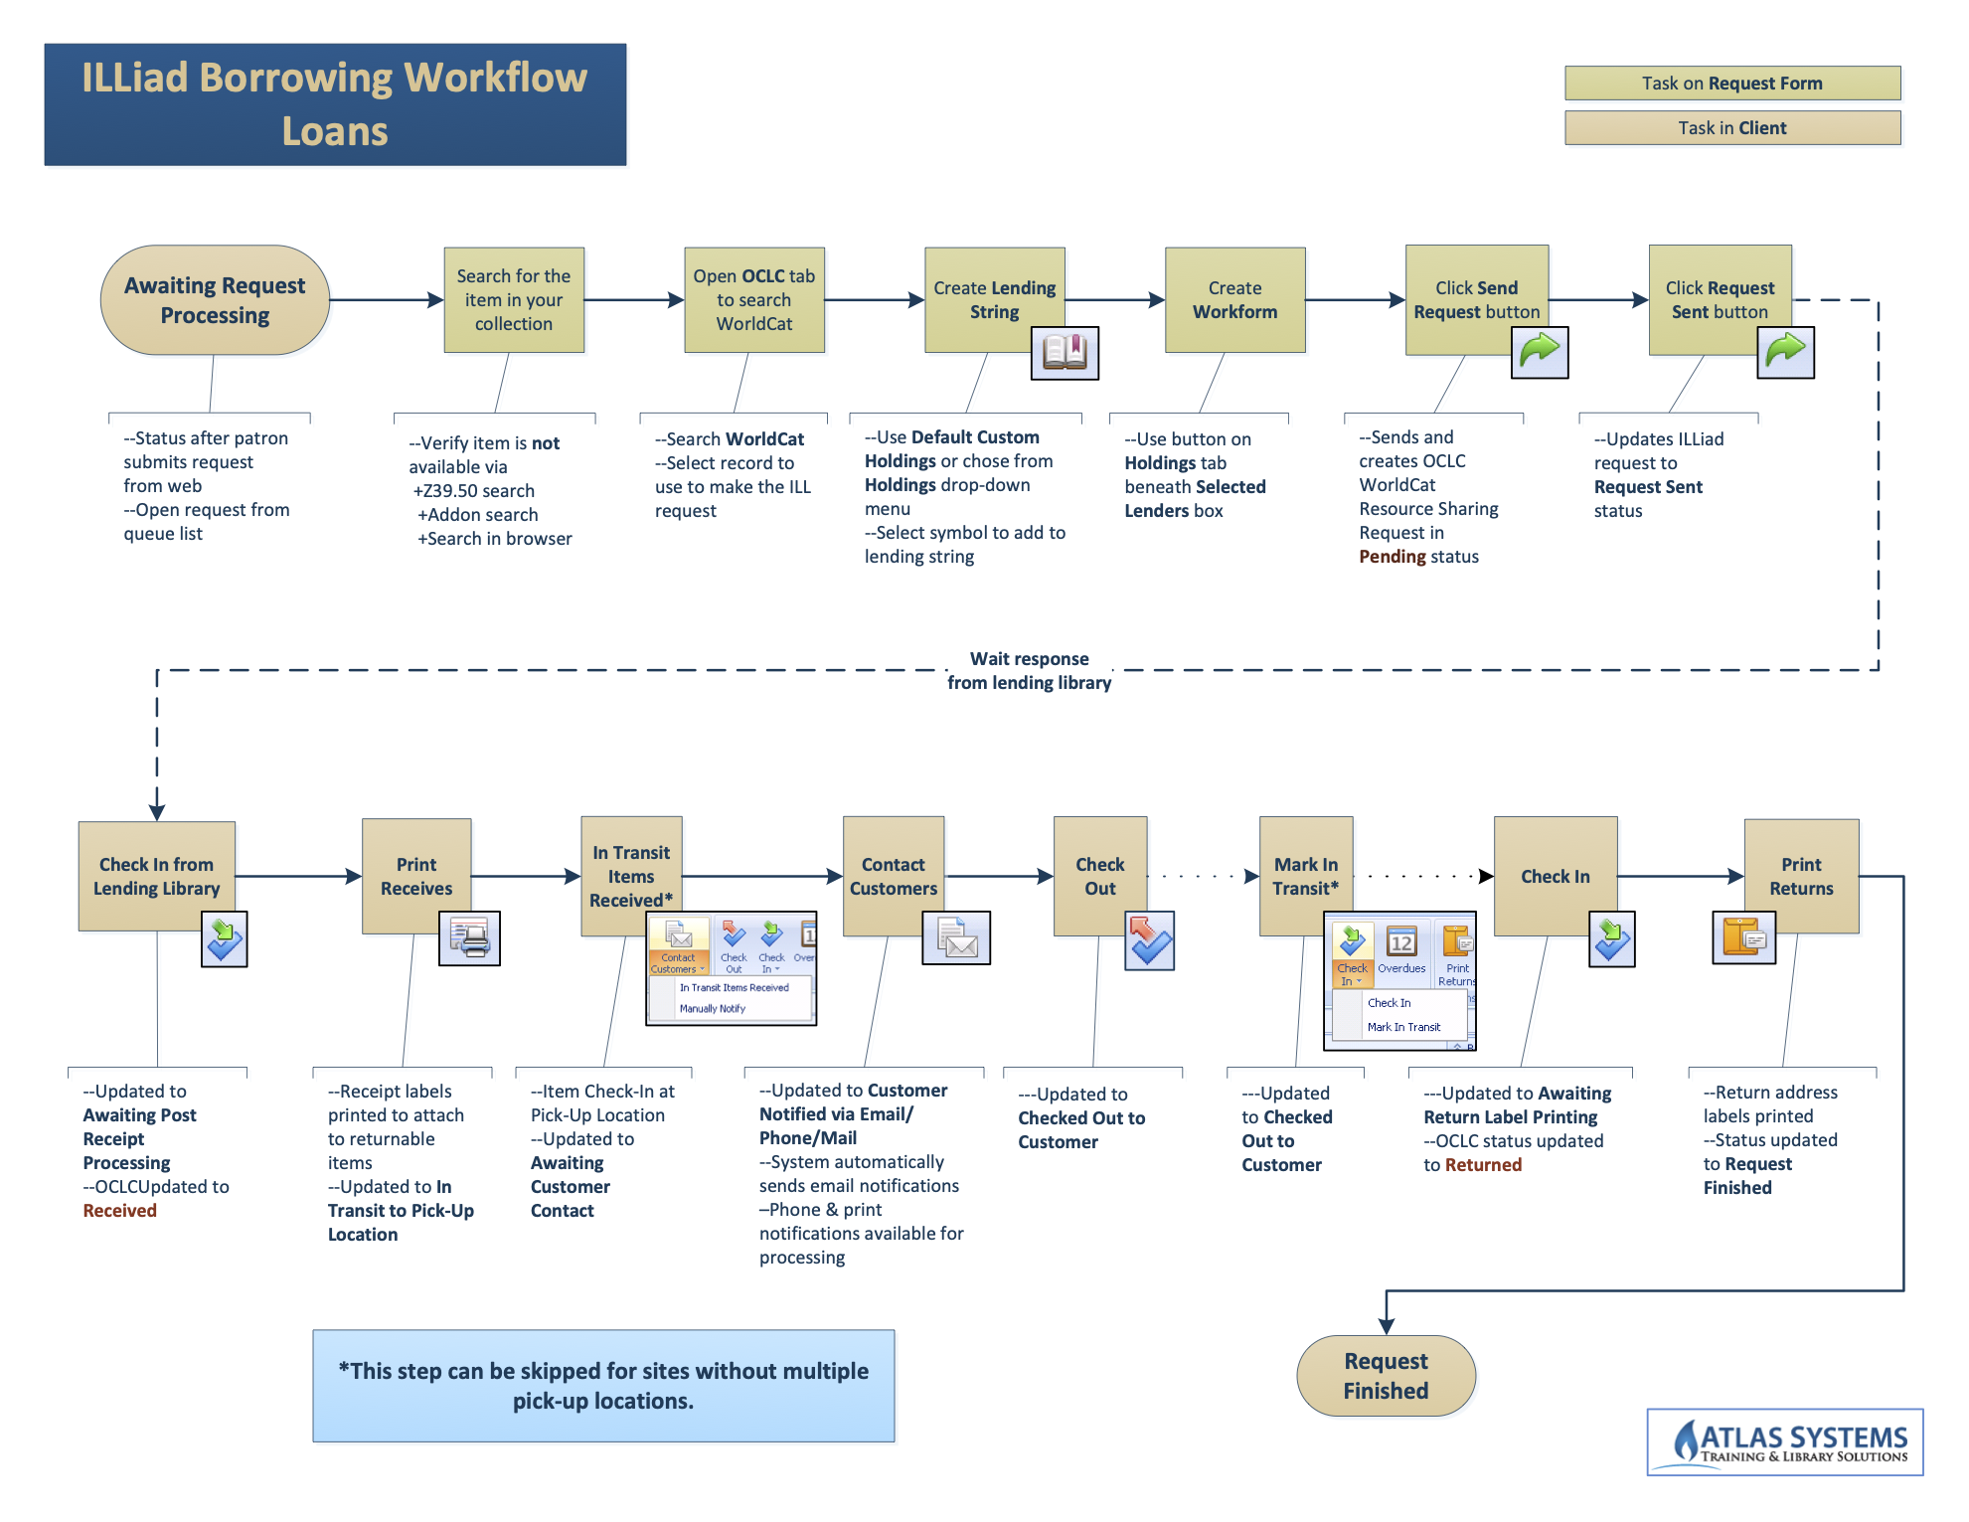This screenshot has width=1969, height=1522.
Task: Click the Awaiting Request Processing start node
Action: coord(215,300)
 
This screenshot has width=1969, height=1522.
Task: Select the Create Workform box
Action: coord(1234,300)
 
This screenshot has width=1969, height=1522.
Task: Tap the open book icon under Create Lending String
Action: coord(1065,353)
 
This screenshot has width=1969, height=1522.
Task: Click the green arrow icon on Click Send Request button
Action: coord(1539,353)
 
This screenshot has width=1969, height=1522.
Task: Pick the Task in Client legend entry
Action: coord(1731,128)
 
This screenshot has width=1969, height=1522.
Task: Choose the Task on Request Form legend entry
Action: coord(1731,84)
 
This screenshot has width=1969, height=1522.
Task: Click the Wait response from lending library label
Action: coord(1029,671)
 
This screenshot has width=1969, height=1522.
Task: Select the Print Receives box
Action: coord(416,876)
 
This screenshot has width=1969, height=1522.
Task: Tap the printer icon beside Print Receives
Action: coord(469,938)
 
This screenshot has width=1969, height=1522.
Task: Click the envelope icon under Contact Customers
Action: coord(956,938)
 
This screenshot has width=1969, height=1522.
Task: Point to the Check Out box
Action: coord(1099,876)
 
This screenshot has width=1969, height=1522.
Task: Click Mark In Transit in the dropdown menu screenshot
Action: coord(1403,1027)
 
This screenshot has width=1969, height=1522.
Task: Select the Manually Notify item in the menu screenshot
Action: coord(713,1008)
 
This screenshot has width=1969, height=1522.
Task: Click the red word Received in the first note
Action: coord(120,1211)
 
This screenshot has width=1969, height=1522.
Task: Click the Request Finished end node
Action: coord(1386,1376)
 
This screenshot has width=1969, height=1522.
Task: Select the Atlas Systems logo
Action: coord(1784,1442)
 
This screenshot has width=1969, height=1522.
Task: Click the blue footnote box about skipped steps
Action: coord(603,1386)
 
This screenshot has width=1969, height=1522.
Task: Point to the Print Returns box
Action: coord(1801,876)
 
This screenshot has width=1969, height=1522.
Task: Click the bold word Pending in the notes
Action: coord(1393,557)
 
